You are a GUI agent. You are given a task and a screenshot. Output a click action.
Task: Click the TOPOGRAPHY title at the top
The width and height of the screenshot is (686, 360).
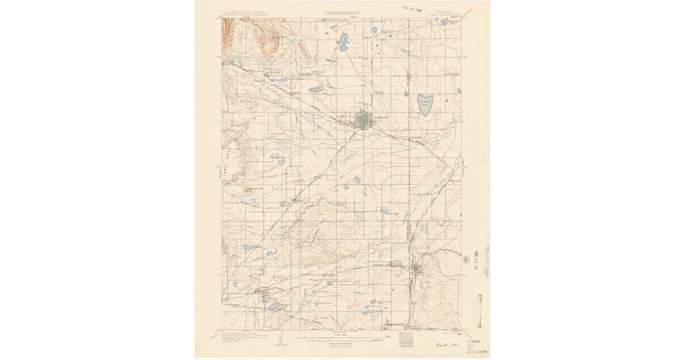coord(341,13)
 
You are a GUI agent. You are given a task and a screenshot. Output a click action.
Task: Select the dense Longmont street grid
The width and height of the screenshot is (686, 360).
coord(364,120)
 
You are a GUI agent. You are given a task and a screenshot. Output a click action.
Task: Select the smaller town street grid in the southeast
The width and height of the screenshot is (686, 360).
coord(417,269)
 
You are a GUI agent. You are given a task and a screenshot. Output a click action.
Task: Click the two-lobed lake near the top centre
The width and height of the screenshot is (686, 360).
coord(343,42)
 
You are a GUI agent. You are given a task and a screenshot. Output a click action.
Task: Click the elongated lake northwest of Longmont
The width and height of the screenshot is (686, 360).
coord(315,89)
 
